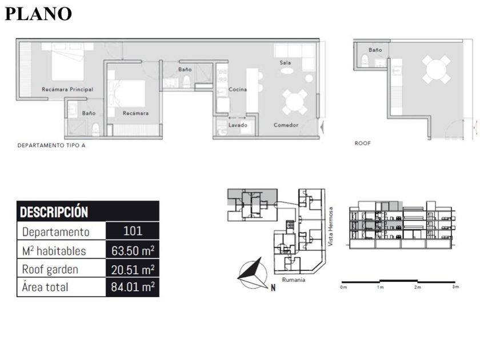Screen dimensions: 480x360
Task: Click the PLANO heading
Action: [38, 14]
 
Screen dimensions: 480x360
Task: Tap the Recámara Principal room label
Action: [67, 89]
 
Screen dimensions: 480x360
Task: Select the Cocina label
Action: [238, 89]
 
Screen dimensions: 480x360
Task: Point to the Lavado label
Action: [238, 125]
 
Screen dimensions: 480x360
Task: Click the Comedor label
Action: [286, 125]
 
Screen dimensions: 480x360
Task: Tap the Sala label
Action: [285, 62]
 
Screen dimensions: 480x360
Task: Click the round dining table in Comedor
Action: [294, 102]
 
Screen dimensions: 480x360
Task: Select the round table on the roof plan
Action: [436, 70]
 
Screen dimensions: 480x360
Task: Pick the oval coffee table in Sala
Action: [287, 71]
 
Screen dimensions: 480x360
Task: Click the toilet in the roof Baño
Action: [365, 61]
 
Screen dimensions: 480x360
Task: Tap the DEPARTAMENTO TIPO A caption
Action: [51, 145]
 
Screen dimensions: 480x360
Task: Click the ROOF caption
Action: [362, 143]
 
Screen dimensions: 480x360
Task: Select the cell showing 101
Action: [133, 231]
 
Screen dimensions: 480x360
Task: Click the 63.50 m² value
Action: [133, 251]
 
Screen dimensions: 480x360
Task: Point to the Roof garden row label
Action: [50, 269]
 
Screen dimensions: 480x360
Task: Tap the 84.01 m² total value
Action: [133, 287]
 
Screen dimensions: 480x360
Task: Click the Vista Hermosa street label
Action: [330, 226]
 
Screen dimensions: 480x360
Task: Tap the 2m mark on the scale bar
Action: [418, 287]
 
